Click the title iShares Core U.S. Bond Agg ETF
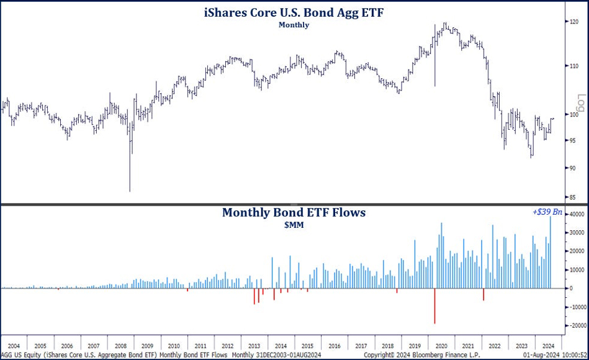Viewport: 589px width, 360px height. pos(294,12)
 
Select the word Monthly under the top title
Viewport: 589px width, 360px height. pos(294,25)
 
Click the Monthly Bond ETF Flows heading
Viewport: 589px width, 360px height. pos(294,213)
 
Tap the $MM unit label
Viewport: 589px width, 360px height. pos(294,225)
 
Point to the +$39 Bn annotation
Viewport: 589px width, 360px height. pos(547,212)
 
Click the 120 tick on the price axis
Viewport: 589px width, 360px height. pos(574,22)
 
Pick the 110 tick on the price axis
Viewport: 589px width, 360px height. pos(574,65)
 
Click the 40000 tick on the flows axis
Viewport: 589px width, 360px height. pos(577,214)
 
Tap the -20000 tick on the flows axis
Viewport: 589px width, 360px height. pos(577,325)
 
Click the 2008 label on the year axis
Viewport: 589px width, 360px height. pos(120,345)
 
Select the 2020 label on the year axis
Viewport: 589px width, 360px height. pos(441,345)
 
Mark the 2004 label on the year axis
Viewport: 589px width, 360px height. pos(13,345)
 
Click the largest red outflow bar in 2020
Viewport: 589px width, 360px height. pos(434,305)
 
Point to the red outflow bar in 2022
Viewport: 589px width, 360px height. pos(483,294)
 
